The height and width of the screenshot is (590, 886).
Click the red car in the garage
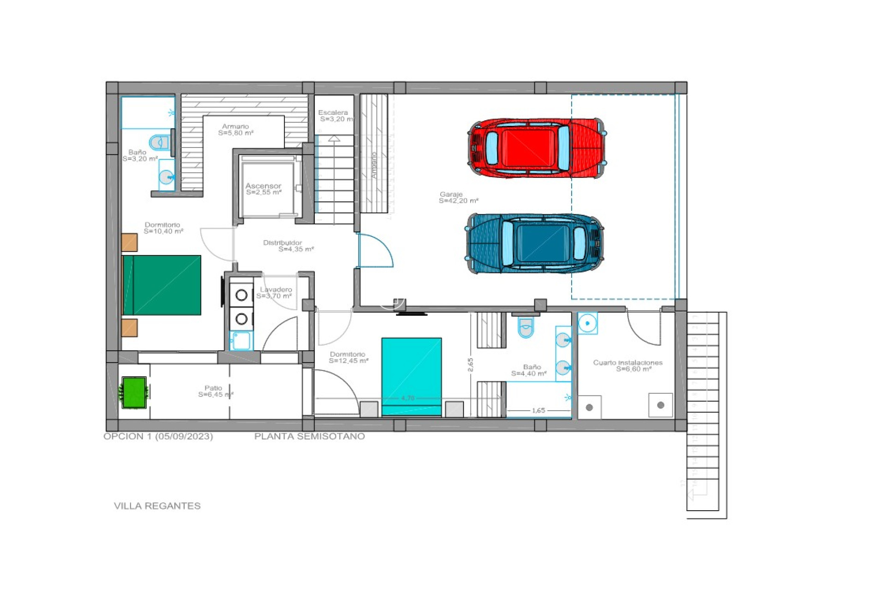click(x=536, y=148)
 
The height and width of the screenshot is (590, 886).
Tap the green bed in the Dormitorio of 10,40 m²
click(x=162, y=285)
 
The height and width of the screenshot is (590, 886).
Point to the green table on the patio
click(x=134, y=393)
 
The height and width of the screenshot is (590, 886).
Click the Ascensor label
click(x=263, y=189)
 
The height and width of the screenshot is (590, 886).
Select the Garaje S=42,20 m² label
click(x=458, y=198)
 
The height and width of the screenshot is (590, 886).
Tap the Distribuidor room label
click(x=288, y=246)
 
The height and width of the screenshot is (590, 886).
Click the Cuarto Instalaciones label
click(x=628, y=366)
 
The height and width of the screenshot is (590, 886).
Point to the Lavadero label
click(x=275, y=293)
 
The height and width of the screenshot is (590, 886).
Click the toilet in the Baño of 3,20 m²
click(x=160, y=142)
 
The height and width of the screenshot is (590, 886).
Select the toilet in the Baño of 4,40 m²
click(x=526, y=328)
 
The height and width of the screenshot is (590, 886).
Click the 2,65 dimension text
click(x=470, y=365)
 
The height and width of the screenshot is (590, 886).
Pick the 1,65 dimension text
click(x=538, y=410)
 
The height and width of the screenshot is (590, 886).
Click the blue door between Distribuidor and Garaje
click(x=375, y=251)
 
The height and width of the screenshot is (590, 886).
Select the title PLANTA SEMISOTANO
click(x=309, y=436)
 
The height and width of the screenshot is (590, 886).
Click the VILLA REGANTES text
click(x=157, y=506)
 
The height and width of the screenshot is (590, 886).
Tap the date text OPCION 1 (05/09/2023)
click(x=158, y=436)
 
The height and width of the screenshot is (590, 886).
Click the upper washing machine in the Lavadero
click(x=241, y=295)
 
